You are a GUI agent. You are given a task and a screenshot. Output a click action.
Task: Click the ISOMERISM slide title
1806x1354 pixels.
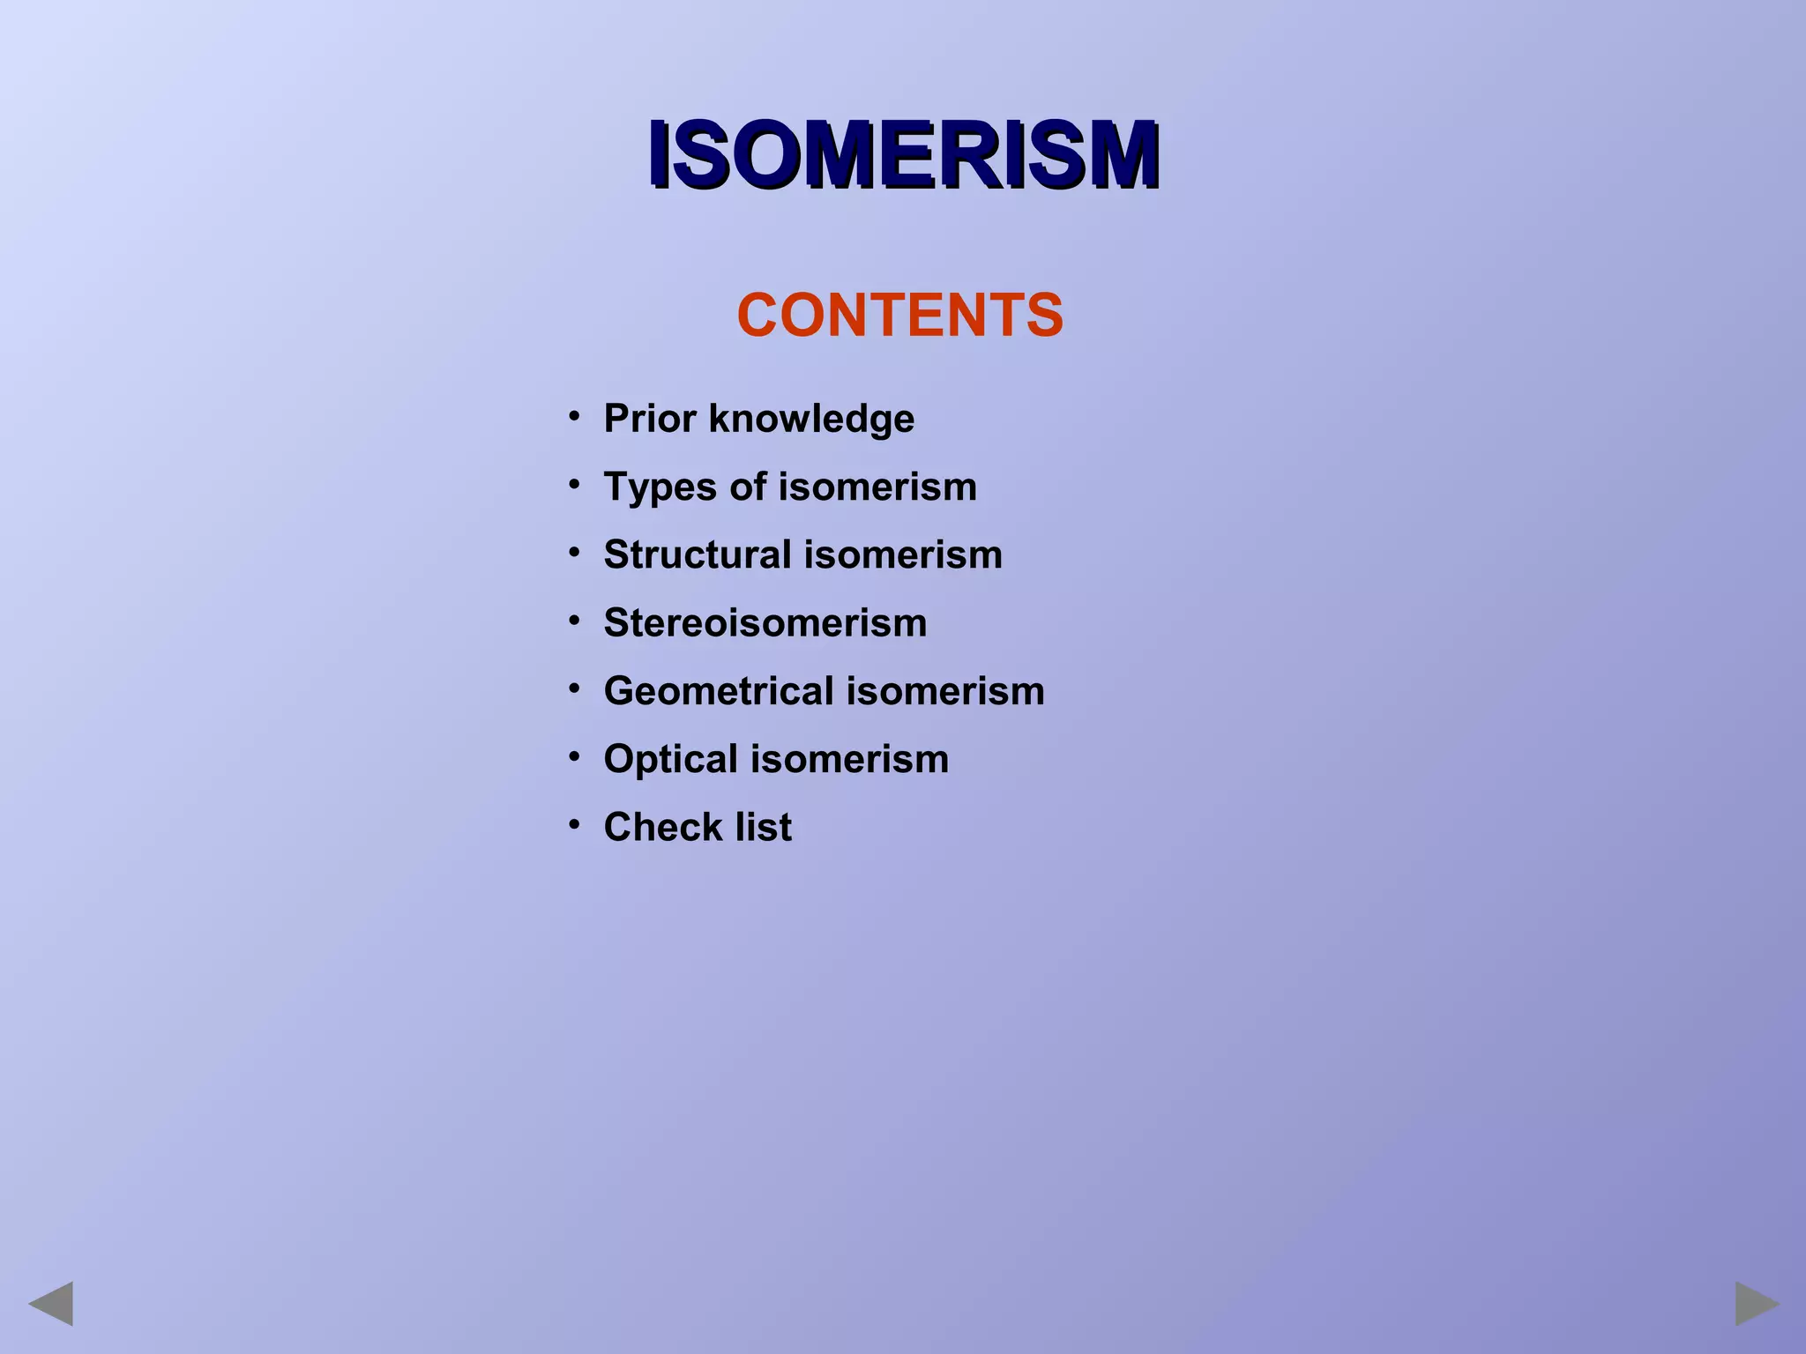pyautogui.click(x=903, y=155)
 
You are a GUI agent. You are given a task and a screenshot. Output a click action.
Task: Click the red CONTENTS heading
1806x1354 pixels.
pyautogui.click(x=900, y=315)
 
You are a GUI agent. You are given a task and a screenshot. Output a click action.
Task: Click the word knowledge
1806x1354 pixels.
pyautogui.click(x=811, y=420)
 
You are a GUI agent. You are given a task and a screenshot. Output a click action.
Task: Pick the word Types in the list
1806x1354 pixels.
pyautogui.click(x=660, y=487)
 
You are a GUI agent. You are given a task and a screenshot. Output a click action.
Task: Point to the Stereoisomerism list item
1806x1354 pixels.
pyautogui.click(x=765, y=622)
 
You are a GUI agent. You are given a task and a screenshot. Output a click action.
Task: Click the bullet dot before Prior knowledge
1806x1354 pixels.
pyautogui.click(x=574, y=415)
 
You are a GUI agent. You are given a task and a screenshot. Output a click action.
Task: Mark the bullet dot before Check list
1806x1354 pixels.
pyautogui.click(x=574, y=824)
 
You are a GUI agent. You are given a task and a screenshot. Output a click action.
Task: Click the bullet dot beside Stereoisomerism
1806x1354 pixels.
pyautogui.click(x=574, y=620)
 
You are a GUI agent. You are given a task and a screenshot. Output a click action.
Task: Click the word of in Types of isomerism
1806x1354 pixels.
pyautogui.click(x=748, y=487)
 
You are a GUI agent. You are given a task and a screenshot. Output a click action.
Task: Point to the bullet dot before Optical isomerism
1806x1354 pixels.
pyautogui.click(x=574, y=756)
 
